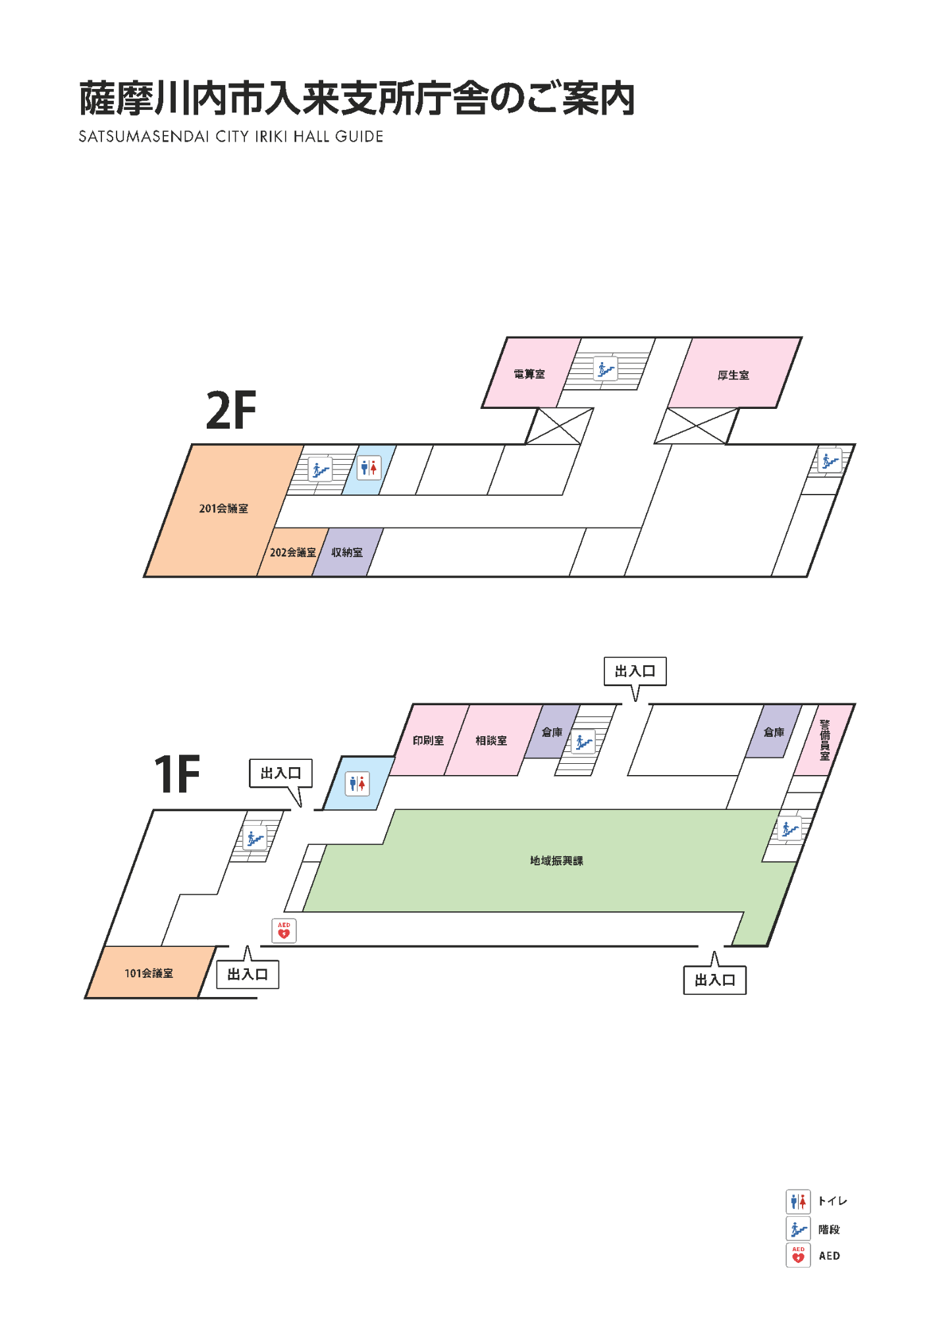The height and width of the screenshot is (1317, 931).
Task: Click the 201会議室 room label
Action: click(224, 508)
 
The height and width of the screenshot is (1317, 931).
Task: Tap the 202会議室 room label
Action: click(293, 552)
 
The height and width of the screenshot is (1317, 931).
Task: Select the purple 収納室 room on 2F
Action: click(348, 552)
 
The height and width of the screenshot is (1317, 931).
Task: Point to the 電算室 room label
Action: click(529, 374)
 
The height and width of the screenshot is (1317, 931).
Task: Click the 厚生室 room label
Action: click(733, 375)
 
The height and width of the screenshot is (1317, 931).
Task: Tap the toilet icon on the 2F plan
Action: click(369, 468)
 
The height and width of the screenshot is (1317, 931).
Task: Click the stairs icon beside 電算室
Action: click(606, 369)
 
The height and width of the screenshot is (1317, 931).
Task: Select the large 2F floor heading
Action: click(231, 410)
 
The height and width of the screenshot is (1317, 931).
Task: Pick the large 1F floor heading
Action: click(177, 774)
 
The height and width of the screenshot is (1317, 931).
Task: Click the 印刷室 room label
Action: click(429, 741)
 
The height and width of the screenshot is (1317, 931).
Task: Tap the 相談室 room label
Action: click(491, 741)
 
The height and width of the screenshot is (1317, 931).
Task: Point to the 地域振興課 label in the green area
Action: click(557, 861)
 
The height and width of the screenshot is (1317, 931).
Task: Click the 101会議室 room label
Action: click(149, 973)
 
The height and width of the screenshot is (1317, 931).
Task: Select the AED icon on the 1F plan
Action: click(284, 930)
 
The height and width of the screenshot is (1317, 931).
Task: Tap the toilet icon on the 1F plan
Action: click(358, 784)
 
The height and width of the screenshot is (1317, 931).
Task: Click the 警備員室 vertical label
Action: click(825, 740)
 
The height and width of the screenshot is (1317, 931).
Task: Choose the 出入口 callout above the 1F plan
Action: click(635, 672)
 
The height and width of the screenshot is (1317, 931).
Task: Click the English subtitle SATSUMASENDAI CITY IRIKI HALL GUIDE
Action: click(231, 136)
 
